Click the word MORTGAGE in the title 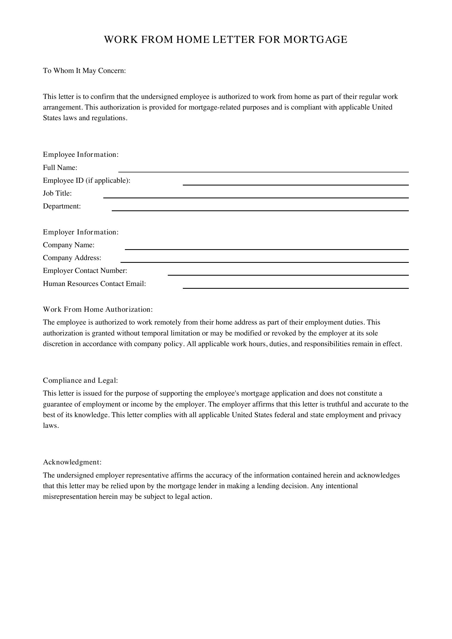click(x=315, y=40)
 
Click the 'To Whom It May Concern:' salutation click(x=84, y=71)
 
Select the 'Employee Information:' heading click(x=81, y=154)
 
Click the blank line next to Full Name click(x=263, y=170)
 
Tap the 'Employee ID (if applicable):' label click(x=87, y=181)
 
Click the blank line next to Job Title click(x=256, y=196)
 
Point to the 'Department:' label click(x=62, y=206)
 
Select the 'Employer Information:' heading click(x=81, y=232)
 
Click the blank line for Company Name click(x=267, y=248)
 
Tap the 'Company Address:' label click(x=72, y=258)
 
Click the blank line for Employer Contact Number click(x=288, y=273)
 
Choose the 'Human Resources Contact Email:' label click(x=94, y=284)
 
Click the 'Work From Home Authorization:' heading click(x=98, y=310)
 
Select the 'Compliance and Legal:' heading click(x=80, y=381)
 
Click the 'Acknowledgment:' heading click(x=72, y=462)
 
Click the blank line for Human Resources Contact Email click(x=296, y=287)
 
